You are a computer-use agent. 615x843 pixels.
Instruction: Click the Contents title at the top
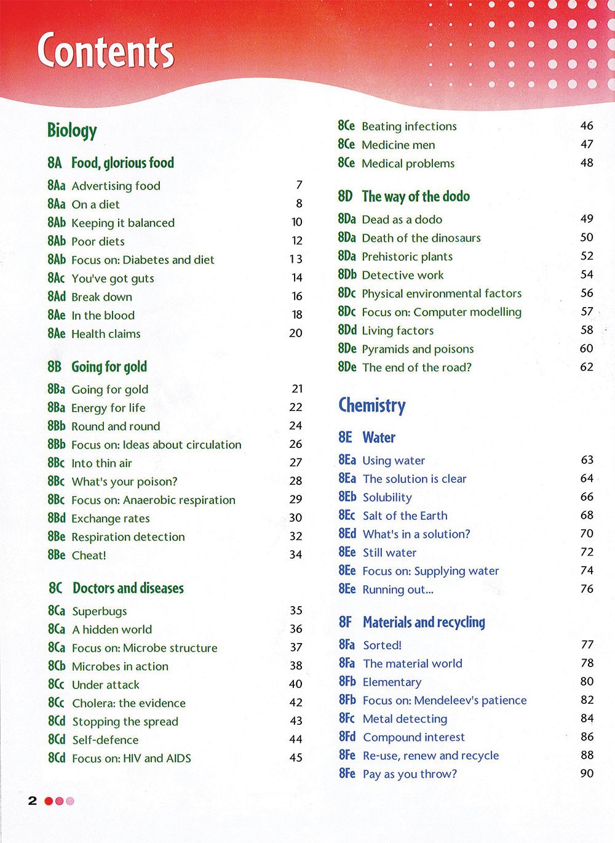pos(106,50)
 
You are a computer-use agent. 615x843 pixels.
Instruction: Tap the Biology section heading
pos(72,130)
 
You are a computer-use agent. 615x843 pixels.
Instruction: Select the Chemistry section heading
pos(372,406)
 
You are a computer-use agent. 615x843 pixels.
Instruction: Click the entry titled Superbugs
pos(100,611)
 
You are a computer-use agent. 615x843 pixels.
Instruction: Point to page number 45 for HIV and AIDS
pos(296,757)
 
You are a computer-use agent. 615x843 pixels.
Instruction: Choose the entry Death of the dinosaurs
pos(421,238)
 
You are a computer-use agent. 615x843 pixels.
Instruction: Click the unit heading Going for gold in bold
pos(109,367)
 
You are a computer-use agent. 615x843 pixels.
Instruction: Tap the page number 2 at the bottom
pos(33,801)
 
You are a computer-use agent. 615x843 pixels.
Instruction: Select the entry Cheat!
pos(89,556)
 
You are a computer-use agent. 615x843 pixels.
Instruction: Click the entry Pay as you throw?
pos(410,774)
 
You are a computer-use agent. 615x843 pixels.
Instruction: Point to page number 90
pos(587,773)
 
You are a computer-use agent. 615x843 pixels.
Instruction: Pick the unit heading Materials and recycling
pos(424,622)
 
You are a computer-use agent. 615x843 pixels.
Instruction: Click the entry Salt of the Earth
pos(405,516)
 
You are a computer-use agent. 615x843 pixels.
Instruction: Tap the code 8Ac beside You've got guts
pos(56,278)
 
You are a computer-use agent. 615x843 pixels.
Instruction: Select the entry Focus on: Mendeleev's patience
pos(445,700)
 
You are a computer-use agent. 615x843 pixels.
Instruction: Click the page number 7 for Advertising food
pos(300,185)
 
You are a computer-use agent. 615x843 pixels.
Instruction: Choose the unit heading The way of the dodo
pos(416,196)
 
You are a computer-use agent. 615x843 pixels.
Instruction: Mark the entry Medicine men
pos(398,145)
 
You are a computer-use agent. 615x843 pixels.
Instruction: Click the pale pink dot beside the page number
pos(70,801)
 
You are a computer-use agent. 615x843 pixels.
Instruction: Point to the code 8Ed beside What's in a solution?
pos(347,533)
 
